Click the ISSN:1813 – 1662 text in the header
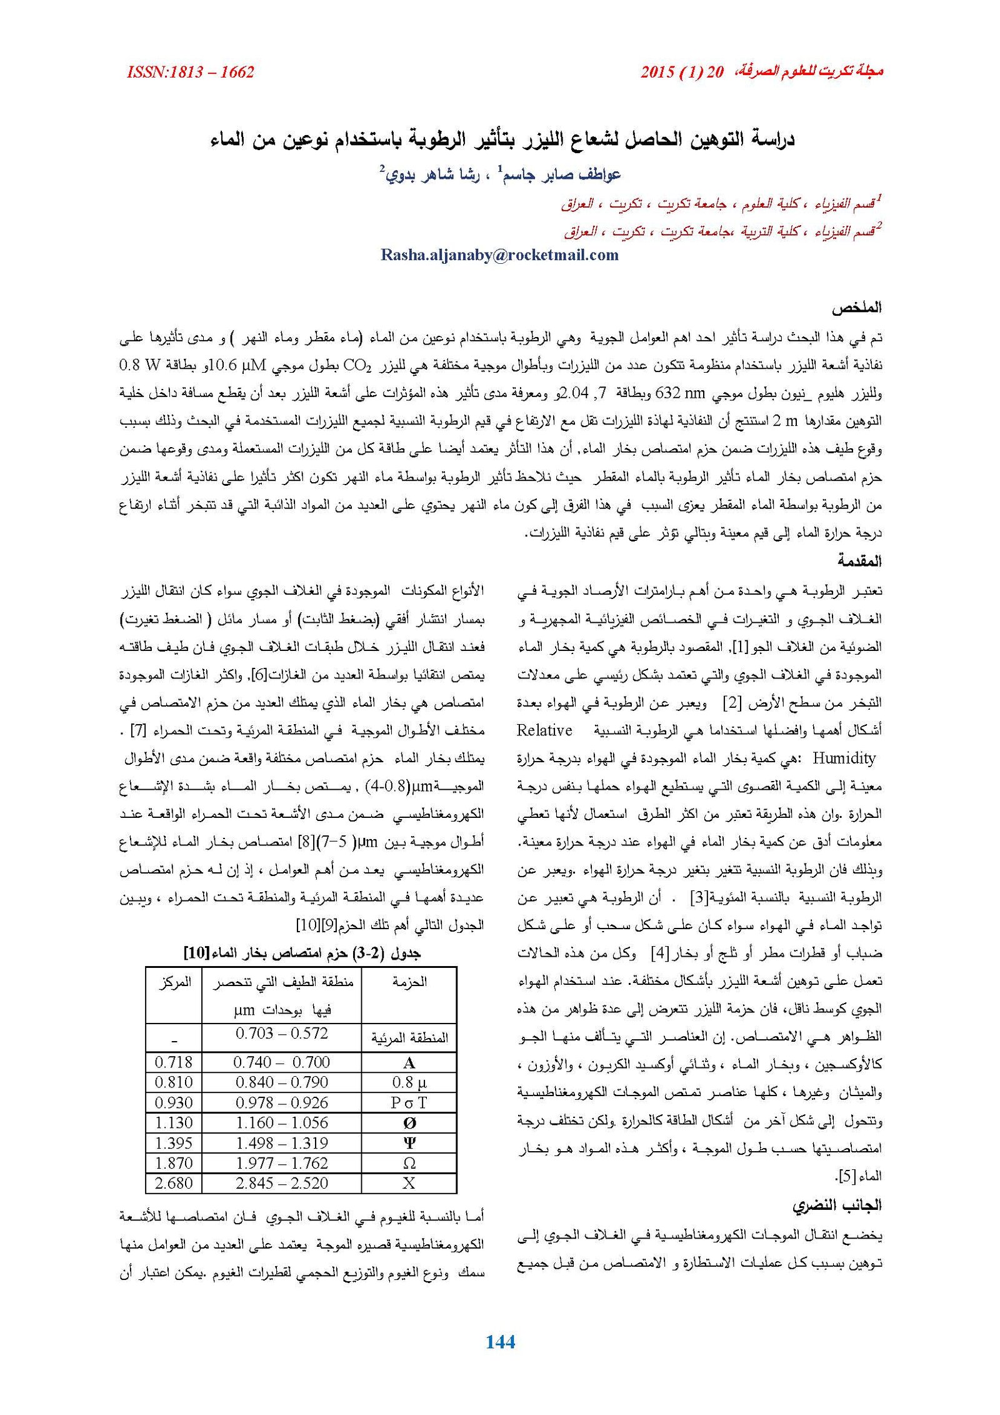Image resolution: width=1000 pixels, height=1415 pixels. [x=190, y=73]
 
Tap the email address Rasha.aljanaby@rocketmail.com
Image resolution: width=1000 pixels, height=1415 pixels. [x=499, y=254]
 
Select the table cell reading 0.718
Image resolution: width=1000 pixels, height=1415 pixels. [x=173, y=1062]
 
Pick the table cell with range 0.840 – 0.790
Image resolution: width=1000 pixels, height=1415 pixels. [x=281, y=1082]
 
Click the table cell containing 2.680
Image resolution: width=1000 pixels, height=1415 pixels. [x=173, y=1183]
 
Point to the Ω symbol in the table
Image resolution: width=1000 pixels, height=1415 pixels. [x=409, y=1163]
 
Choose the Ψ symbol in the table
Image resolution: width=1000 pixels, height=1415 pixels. [x=409, y=1143]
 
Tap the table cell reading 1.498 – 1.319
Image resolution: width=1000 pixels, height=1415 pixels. [x=281, y=1143]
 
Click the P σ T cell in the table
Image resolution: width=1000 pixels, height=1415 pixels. [x=409, y=1102]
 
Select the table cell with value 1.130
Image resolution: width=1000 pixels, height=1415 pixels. [x=173, y=1122]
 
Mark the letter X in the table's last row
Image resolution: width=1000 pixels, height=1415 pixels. [x=409, y=1183]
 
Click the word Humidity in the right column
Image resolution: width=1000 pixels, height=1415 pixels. [x=844, y=758]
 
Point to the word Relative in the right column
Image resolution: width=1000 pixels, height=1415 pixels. [x=544, y=730]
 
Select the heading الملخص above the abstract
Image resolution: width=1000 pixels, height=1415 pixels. [x=856, y=308]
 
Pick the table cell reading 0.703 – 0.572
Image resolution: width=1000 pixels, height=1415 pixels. [x=281, y=1034]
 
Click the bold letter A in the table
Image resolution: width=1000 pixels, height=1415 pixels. [x=409, y=1062]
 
